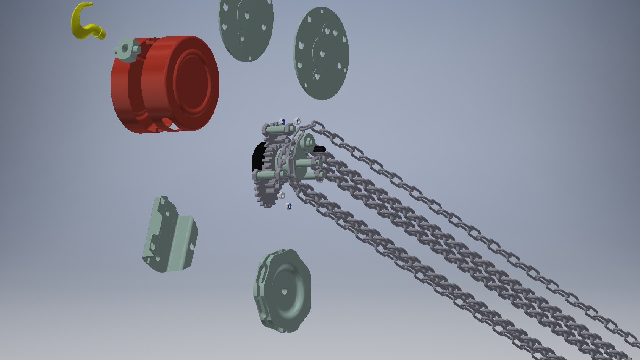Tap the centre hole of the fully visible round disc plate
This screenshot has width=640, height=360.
(322, 53)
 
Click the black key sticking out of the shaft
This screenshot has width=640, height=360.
(319, 149)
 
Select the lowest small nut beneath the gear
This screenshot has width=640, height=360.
(289, 207)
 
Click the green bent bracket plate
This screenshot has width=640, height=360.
(170, 235)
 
